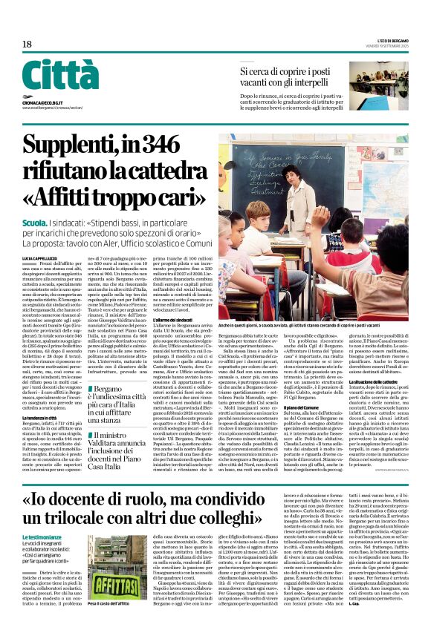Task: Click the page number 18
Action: point(27,45)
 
